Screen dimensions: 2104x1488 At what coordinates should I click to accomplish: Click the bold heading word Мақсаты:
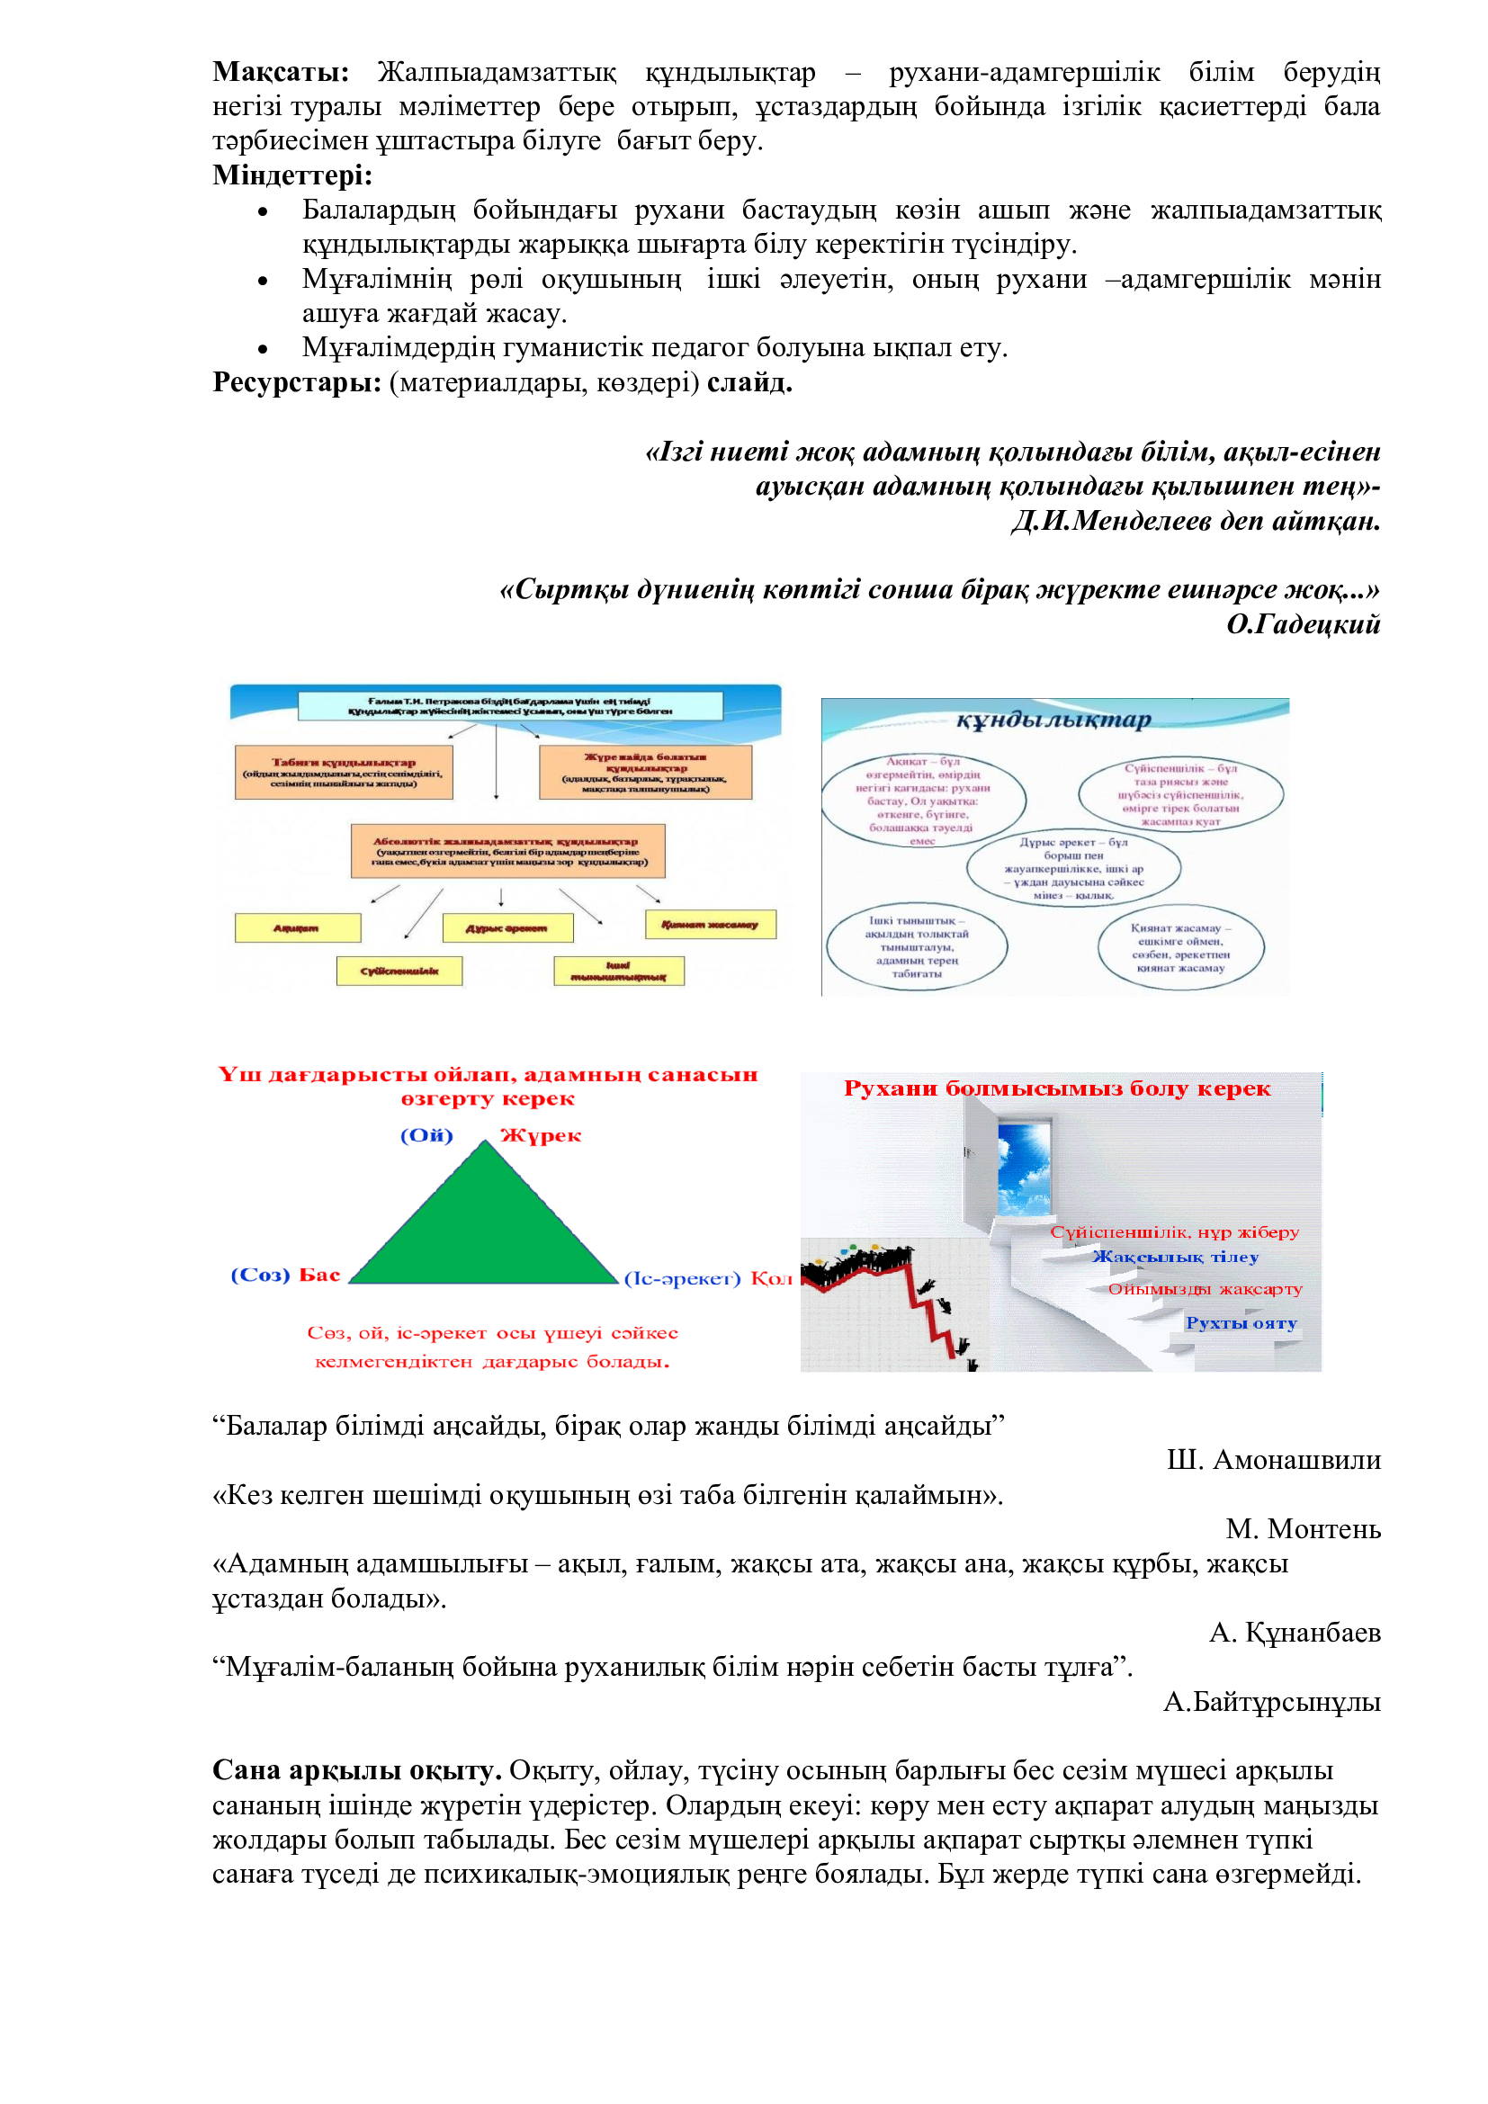[281, 72]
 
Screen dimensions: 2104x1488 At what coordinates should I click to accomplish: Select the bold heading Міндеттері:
[292, 175]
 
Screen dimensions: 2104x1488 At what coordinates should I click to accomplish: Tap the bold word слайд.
[748, 382]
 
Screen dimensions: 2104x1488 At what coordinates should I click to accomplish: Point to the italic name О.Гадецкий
[1302, 624]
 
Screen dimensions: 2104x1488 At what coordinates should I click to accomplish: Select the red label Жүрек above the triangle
[541, 1135]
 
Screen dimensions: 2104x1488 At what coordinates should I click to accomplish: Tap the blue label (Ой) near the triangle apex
[427, 1135]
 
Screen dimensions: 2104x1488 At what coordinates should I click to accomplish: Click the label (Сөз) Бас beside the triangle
[285, 1275]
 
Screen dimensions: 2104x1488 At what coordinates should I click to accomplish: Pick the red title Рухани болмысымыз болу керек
[1056, 1088]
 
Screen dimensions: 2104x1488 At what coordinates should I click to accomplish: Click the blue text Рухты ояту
[1241, 1322]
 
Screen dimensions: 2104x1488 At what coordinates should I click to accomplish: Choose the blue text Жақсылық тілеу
[1175, 1257]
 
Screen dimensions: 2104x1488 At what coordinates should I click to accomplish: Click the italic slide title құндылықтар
[1053, 721]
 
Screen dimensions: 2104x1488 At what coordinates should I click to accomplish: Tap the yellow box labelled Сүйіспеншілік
[399, 971]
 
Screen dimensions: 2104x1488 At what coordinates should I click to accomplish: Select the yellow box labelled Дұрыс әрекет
[506, 928]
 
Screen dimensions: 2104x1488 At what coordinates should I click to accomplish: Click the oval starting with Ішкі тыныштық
[916, 946]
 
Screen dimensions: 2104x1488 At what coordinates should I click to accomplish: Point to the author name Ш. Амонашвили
[1273, 1460]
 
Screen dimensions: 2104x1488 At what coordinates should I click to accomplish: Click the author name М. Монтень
[1302, 1528]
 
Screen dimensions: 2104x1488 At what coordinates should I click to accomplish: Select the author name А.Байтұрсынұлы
[1271, 1702]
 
